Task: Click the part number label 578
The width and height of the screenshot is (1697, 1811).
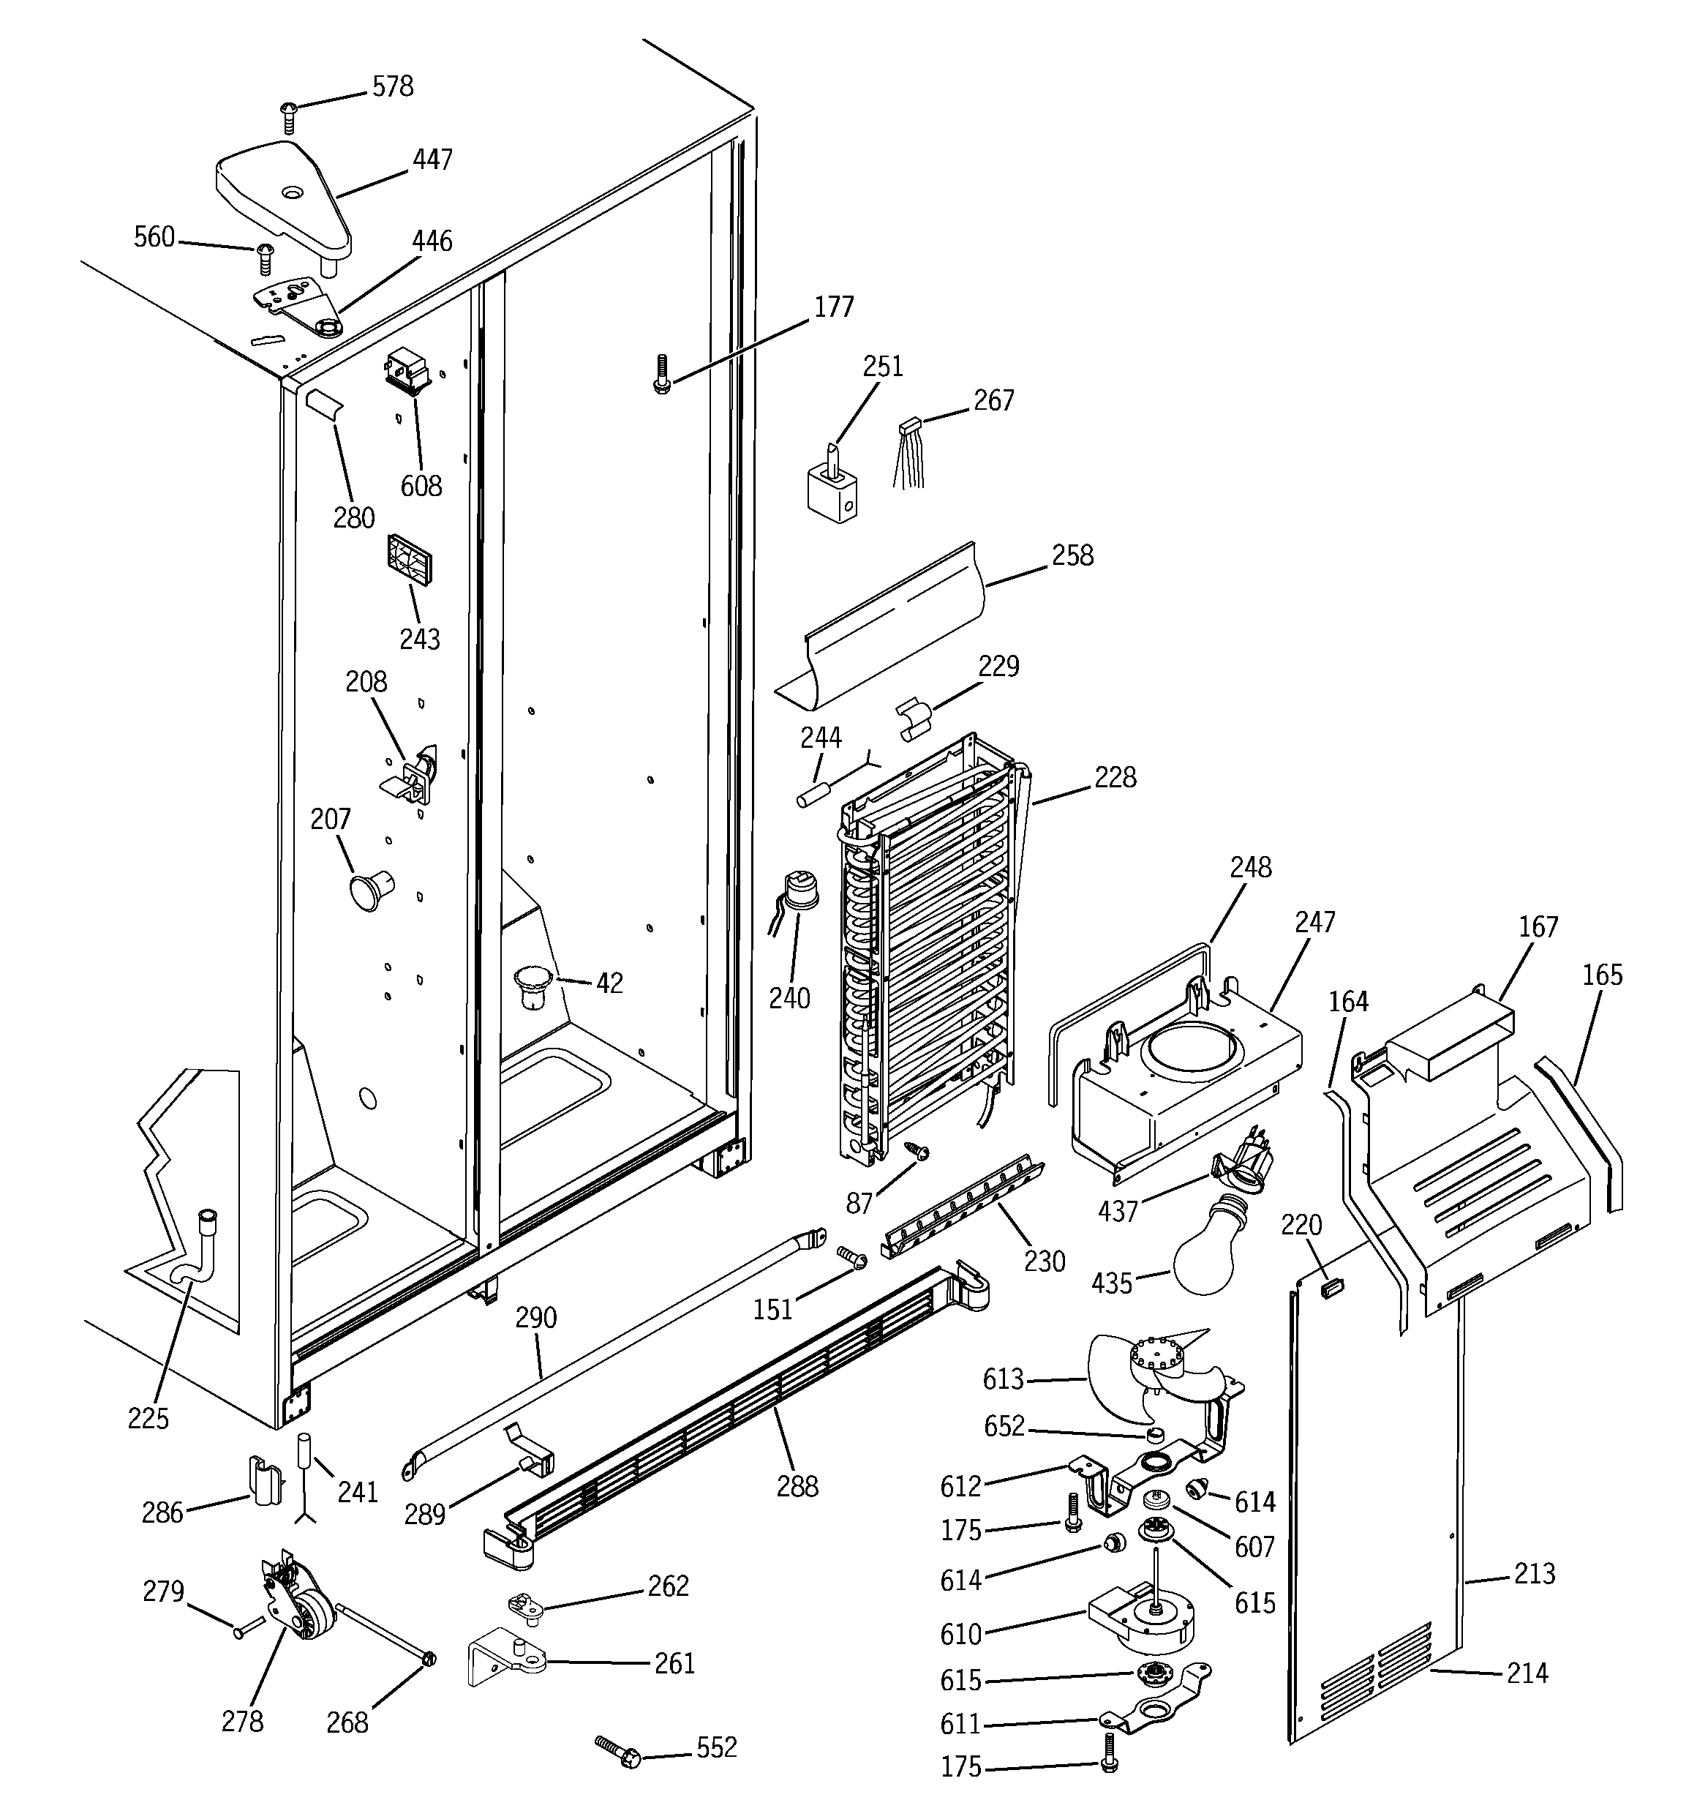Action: [x=393, y=86]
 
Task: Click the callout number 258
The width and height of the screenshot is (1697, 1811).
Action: [x=1072, y=555]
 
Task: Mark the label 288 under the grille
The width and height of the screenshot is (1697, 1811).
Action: [x=797, y=1486]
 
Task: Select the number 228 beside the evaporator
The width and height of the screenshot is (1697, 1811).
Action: [x=1115, y=777]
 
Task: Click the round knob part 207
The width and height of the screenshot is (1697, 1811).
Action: [x=369, y=889]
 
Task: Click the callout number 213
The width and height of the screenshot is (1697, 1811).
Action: [x=1534, y=1573]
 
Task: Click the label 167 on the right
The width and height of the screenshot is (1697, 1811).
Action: [x=1538, y=926]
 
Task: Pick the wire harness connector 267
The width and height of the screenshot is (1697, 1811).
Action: [x=908, y=450]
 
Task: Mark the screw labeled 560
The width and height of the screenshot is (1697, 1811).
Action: [x=154, y=238]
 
